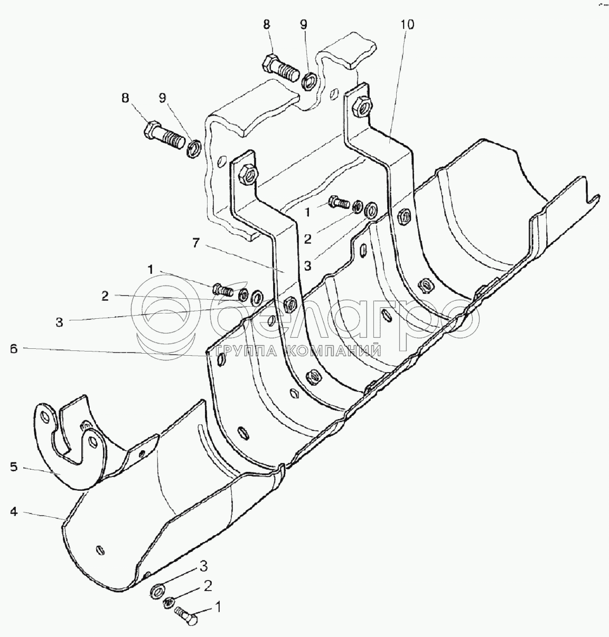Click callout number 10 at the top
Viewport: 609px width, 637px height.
(x=408, y=25)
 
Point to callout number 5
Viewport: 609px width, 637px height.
(x=14, y=467)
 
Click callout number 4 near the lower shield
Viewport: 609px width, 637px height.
(x=14, y=511)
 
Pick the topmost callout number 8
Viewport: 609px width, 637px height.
(x=266, y=24)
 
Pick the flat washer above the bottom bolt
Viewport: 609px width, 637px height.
(x=157, y=589)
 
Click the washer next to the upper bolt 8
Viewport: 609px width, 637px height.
(x=310, y=80)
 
